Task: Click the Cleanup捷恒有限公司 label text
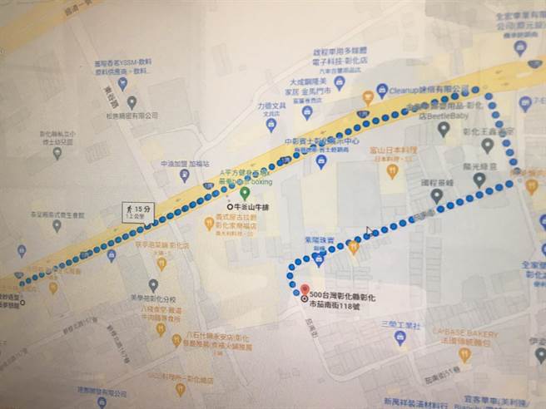[x=425, y=88]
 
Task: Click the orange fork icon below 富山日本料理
[x=393, y=171]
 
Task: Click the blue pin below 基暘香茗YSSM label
[x=123, y=83]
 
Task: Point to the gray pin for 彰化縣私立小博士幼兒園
[x=57, y=153]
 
